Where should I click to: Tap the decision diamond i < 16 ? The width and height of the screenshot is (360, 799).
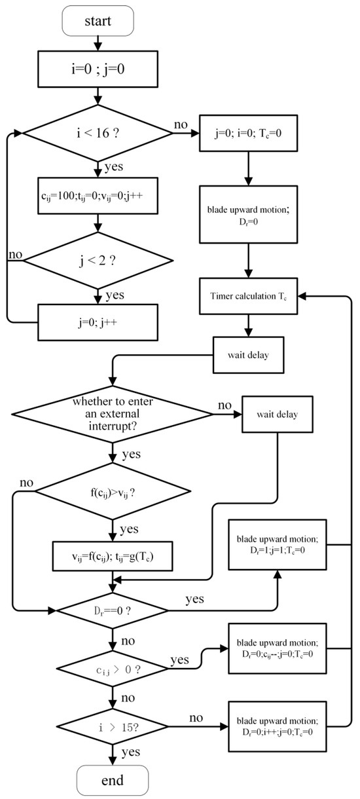(x=98, y=134)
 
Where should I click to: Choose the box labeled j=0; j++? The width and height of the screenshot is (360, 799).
(x=98, y=322)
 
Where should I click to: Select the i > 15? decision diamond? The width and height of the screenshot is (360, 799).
(x=113, y=728)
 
